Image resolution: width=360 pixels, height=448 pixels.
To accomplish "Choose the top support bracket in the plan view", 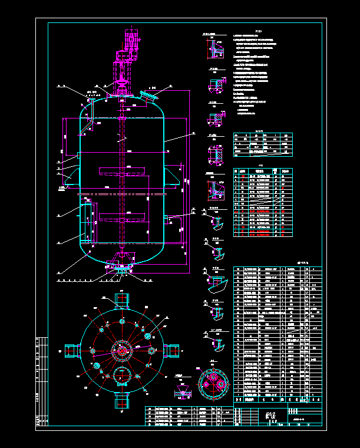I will click(122, 300).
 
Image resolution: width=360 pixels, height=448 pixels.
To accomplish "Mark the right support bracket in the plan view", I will click(172, 350).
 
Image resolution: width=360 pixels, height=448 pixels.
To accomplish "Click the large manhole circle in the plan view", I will click(122, 375).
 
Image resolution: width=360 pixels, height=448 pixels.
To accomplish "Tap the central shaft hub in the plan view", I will click(122, 350).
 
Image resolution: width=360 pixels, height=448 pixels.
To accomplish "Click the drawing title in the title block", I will click(272, 416).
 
